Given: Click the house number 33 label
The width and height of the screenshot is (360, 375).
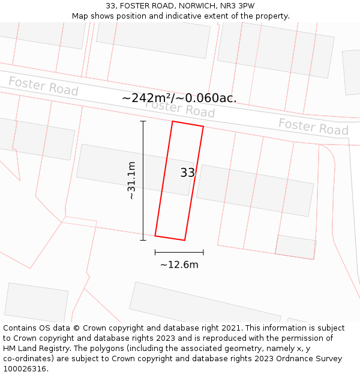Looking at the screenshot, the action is coord(187,173).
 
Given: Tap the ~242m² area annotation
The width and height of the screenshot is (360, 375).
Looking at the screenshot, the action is coord(179,98).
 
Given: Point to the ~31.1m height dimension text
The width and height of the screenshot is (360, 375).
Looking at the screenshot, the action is coord(131,180).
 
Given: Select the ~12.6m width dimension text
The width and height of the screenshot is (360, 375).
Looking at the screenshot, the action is coord(179,265).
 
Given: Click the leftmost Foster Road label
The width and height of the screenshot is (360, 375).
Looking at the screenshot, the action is coord(43,86).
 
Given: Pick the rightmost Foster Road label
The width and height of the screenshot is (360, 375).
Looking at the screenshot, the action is coord(313,127).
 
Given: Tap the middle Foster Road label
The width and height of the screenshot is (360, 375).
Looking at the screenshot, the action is coord(180,109).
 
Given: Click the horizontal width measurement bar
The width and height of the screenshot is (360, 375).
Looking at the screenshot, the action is coord(179,252).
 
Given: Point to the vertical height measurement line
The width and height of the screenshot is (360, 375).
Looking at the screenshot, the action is coord(143,180).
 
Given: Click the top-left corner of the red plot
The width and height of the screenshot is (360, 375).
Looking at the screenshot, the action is coord(173,122).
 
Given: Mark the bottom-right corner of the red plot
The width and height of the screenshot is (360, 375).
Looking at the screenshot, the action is coord(185,240).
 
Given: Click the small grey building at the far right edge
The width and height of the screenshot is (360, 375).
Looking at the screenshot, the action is coord(352,72).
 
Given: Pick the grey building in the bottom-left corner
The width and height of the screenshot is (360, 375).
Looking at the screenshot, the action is coord(36,302).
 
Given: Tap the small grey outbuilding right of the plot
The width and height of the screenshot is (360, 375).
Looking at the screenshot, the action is coord(296,247).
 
